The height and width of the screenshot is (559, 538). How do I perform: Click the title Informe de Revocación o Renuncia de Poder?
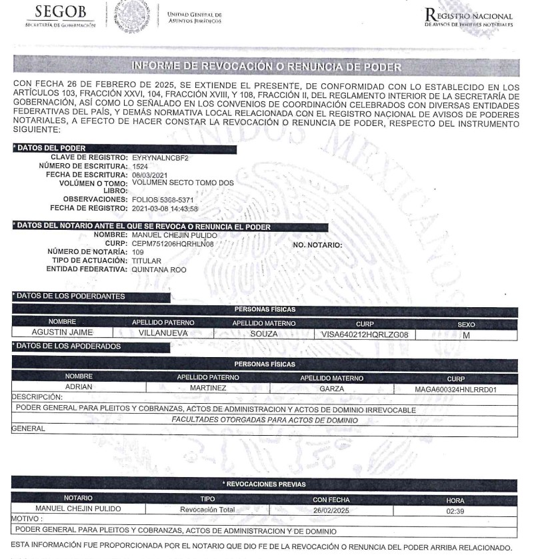click(x=266, y=67)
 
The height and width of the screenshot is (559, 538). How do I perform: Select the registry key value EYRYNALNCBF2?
click(x=161, y=158)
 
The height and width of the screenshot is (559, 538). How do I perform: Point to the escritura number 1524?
click(x=140, y=166)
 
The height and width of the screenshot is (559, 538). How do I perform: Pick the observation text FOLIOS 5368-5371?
click(x=163, y=199)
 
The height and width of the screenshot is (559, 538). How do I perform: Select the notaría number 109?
click(x=138, y=253)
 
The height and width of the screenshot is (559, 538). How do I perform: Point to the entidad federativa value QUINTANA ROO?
click(x=159, y=270)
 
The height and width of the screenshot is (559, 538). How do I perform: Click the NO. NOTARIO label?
click(x=317, y=245)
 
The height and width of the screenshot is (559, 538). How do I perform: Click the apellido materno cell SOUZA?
click(x=263, y=334)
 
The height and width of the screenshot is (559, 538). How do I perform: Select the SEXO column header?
click(x=466, y=324)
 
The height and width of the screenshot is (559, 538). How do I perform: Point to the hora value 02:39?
click(x=455, y=510)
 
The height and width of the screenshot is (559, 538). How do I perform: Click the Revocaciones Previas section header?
click(x=265, y=484)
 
